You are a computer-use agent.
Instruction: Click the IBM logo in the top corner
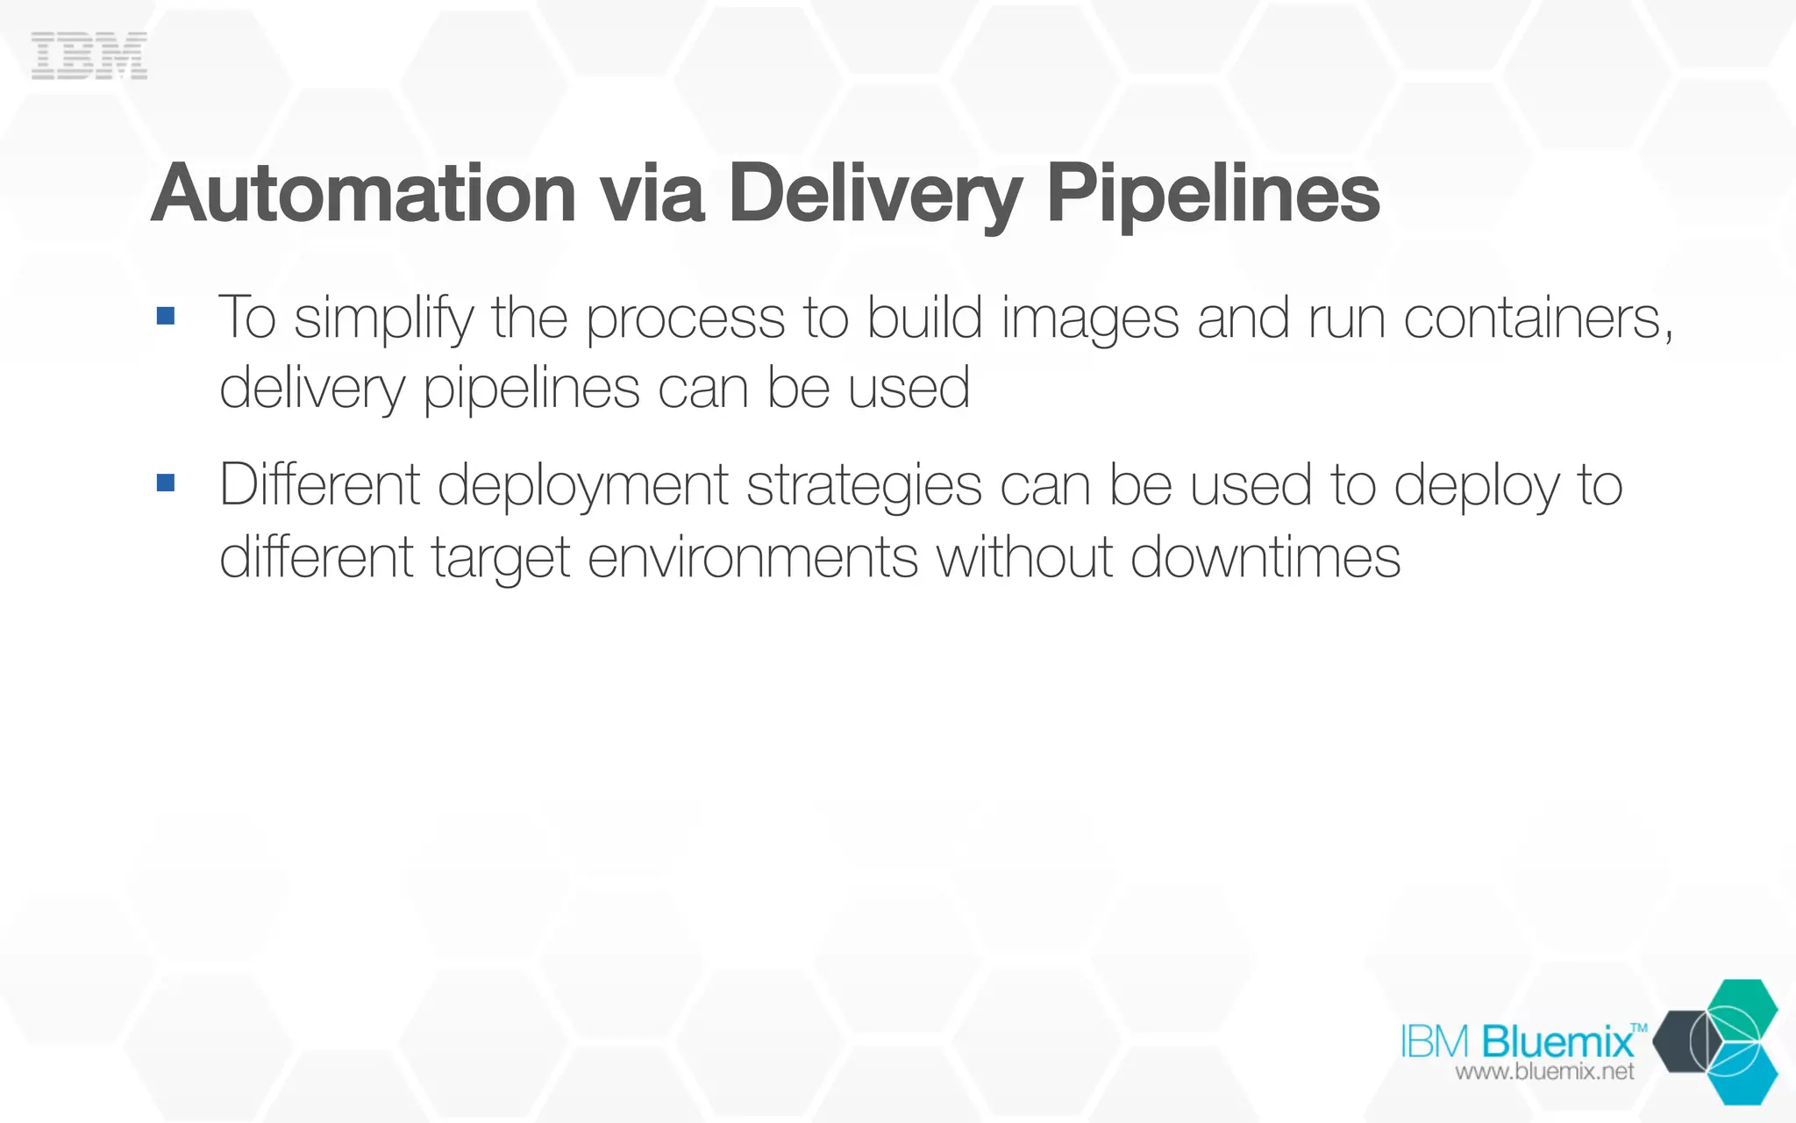click(x=89, y=56)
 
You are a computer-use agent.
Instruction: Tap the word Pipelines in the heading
click(x=1213, y=195)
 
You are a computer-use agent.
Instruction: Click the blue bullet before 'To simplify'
click(x=166, y=316)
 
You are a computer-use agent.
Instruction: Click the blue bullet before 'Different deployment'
click(x=166, y=483)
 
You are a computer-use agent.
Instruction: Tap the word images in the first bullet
click(x=1090, y=319)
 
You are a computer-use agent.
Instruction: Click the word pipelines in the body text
click(x=531, y=390)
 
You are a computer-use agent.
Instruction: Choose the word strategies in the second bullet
click(x=864, y=487)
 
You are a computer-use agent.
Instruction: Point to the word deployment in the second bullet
click(x=582, y=487)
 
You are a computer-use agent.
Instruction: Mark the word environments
click(x=752, y=557)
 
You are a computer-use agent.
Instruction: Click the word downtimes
click(x=1265, y=557)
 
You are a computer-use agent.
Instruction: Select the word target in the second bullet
click(x=501, y=559)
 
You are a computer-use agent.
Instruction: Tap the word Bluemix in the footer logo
click(x=1558, y=1042)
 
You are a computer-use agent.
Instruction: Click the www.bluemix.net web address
click(x=1544, y=1072)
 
